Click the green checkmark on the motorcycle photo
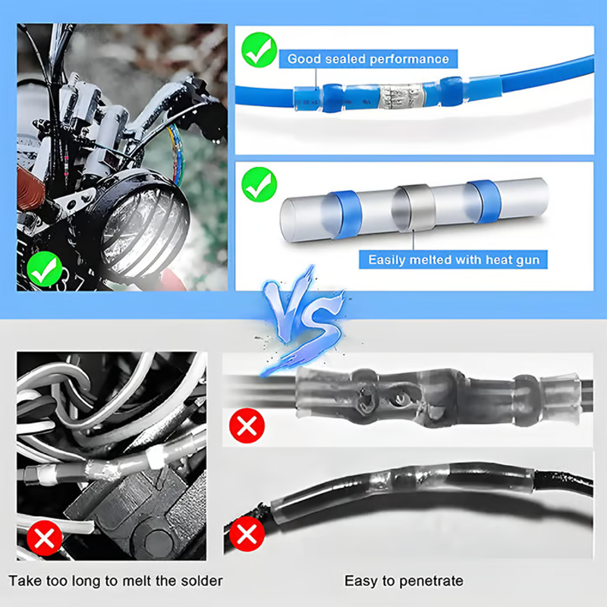point(45,269)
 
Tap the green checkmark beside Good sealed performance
point(259,50)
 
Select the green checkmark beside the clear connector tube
point(259,184)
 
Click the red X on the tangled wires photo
point(45,538)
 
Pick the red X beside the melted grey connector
point(247,426)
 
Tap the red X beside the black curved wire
point(247,534)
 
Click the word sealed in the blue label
point(345,59)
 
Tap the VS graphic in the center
point(304,322)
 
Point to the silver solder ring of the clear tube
point(414,208)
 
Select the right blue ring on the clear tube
point(483,202)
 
